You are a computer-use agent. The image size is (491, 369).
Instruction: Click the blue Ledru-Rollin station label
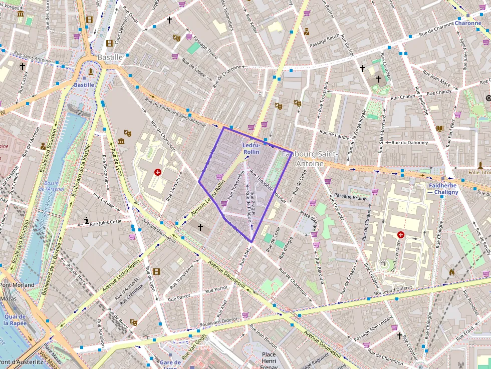(251, 148)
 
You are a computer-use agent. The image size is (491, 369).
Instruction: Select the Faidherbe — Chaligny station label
(443, 189)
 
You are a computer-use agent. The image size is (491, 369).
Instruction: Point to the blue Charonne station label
(467, 23)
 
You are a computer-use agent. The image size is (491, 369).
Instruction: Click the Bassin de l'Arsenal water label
(52, 186)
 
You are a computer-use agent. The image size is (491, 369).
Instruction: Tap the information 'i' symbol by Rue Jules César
(87, 220)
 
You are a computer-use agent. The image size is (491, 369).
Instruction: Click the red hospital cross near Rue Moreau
(158, 172)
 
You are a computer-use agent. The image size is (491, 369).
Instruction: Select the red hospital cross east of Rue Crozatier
(400, 234)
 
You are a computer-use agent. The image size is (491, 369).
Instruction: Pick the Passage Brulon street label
(351, 197)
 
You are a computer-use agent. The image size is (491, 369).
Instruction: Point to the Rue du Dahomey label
(410, 143)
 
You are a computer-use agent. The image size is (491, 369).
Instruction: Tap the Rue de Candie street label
(334, 135)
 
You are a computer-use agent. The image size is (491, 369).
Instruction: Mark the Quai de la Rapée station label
(18, 319)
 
